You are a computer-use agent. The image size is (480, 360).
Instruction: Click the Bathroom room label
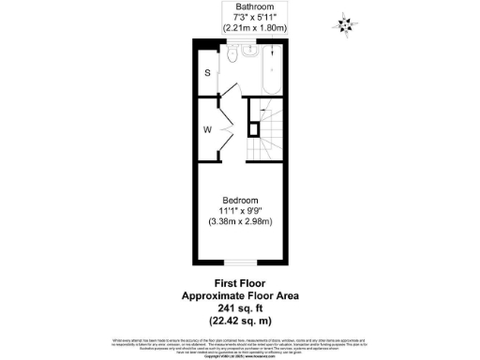pos(240,7)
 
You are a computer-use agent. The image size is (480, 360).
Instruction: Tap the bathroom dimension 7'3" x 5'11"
pos(240,17)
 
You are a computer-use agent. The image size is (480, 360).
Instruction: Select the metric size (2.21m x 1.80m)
pos(240,28)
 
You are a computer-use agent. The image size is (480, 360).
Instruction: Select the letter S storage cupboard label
pos(207,72)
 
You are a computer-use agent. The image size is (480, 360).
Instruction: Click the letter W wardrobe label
pos(208,129)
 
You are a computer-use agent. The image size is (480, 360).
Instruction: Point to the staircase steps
pos(267,136)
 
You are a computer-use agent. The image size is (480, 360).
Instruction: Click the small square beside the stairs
pos(251,128)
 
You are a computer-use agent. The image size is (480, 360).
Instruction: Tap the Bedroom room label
pos(239,201)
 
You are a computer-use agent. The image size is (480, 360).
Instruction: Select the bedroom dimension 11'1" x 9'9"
pos(239,211)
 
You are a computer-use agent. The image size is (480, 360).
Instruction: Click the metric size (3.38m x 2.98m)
pos(239,222)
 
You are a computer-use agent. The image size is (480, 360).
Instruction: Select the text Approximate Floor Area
pos(239,294)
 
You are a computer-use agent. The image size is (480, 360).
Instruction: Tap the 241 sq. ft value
pos(239,307)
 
